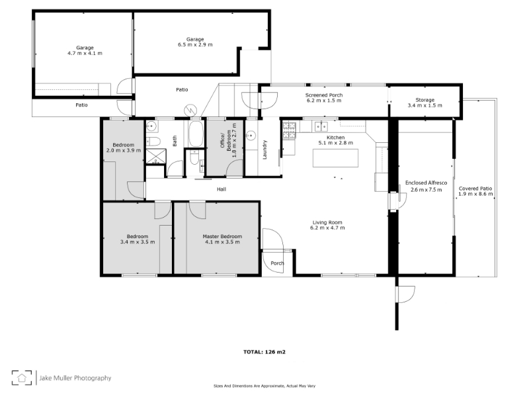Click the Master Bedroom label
[222, 236]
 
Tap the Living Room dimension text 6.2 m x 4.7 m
[327, 228]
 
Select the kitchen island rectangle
[335, 158]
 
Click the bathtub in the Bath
[196, 134]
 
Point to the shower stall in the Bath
[156, 156]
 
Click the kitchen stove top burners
[289, 130]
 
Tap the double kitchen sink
[321, 126]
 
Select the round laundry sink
[251, 136]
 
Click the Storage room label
[425, 100]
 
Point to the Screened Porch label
[324, 95]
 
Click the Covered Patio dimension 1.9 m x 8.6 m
[475, 194]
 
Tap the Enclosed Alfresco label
[426, 183]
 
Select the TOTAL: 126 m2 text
[264, 352]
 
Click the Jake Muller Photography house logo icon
[22, 377]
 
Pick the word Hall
[222, 189]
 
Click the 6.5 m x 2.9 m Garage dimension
[195, 44]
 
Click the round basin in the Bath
[152, 126]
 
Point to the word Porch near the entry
[277, 263]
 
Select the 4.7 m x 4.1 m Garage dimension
[85, 53]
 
